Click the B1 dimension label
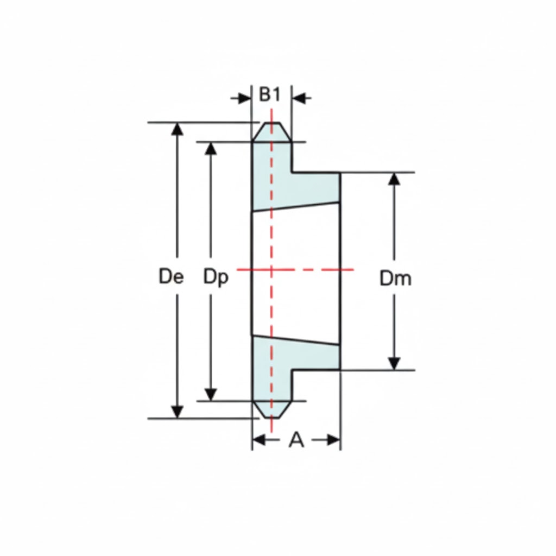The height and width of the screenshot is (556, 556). click(x=269, y=94)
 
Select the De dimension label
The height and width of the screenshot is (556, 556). click(x=172, y=277)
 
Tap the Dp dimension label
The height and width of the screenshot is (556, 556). click(x=216, y=277)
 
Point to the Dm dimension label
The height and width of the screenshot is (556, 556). click(x=395, y=279)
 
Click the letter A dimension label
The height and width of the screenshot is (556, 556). click(x=296, y=440)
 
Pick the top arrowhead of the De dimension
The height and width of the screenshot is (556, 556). click(x=178, y=129)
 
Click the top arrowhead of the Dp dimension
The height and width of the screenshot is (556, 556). click(x=211, y=148)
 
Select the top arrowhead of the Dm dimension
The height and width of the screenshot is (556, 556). click(x=395, y=180)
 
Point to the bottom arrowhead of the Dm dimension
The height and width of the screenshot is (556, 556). click(x=395, y=363)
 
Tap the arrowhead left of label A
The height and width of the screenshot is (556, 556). click(x=260, y=440)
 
